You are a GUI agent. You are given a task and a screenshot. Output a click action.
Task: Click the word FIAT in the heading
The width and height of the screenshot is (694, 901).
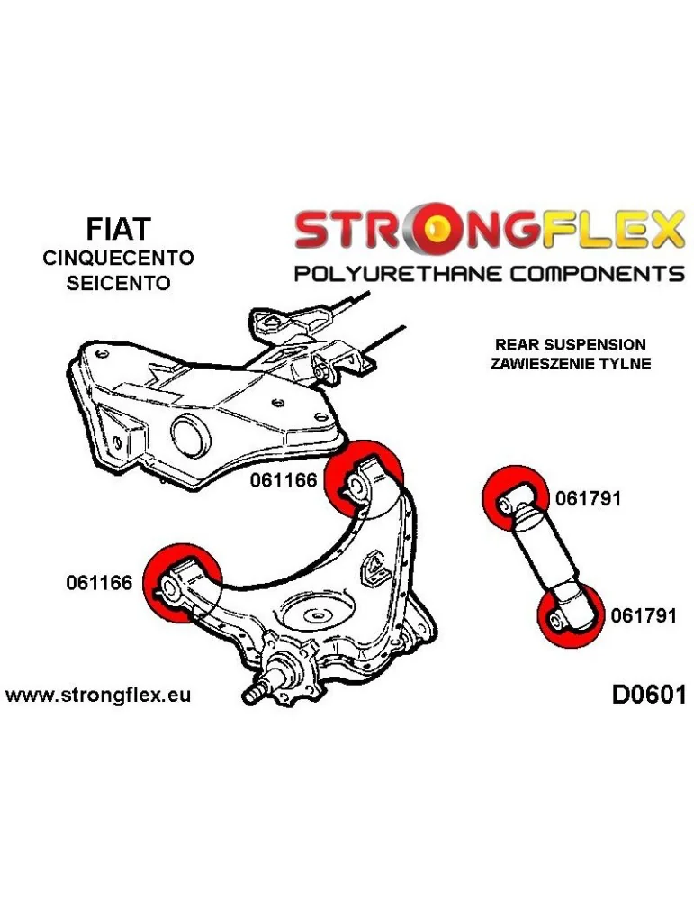(x=118, y=229)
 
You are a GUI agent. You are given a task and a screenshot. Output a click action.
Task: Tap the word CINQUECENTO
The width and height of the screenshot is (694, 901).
(x=118, y=258)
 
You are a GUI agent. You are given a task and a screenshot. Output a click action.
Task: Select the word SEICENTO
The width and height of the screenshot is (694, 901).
(x=118, y=283)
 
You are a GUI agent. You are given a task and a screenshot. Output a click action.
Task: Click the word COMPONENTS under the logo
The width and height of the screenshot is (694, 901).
(x=597, y=273)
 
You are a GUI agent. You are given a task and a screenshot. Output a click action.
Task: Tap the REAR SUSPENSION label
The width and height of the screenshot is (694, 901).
(x=570, y=344)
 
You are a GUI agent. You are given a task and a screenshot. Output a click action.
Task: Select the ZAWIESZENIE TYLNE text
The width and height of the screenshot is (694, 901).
(x=571, y=364)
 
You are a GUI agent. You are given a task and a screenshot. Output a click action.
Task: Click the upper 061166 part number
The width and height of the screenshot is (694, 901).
(x=284, y=480)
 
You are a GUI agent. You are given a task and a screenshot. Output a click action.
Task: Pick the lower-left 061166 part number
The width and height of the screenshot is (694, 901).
(x=99, y=583)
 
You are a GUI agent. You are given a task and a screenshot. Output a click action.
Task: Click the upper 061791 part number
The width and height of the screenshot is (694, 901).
(x=589, y=498)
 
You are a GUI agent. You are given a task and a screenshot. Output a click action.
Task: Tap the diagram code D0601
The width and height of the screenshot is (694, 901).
(x=649, y=696)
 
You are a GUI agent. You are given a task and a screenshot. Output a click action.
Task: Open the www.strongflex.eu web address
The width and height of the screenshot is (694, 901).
(x=98, y=696)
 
